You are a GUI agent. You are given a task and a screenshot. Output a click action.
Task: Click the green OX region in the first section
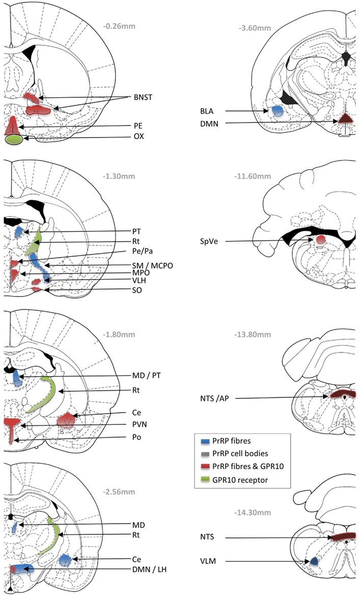tap(13, 140)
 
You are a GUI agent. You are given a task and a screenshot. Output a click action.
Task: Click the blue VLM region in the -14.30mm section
tap(314, 561)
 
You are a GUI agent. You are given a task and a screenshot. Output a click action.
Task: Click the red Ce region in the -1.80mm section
tap(66, 420)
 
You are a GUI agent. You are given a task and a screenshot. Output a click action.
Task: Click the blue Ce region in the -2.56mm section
tap(65, 560)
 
